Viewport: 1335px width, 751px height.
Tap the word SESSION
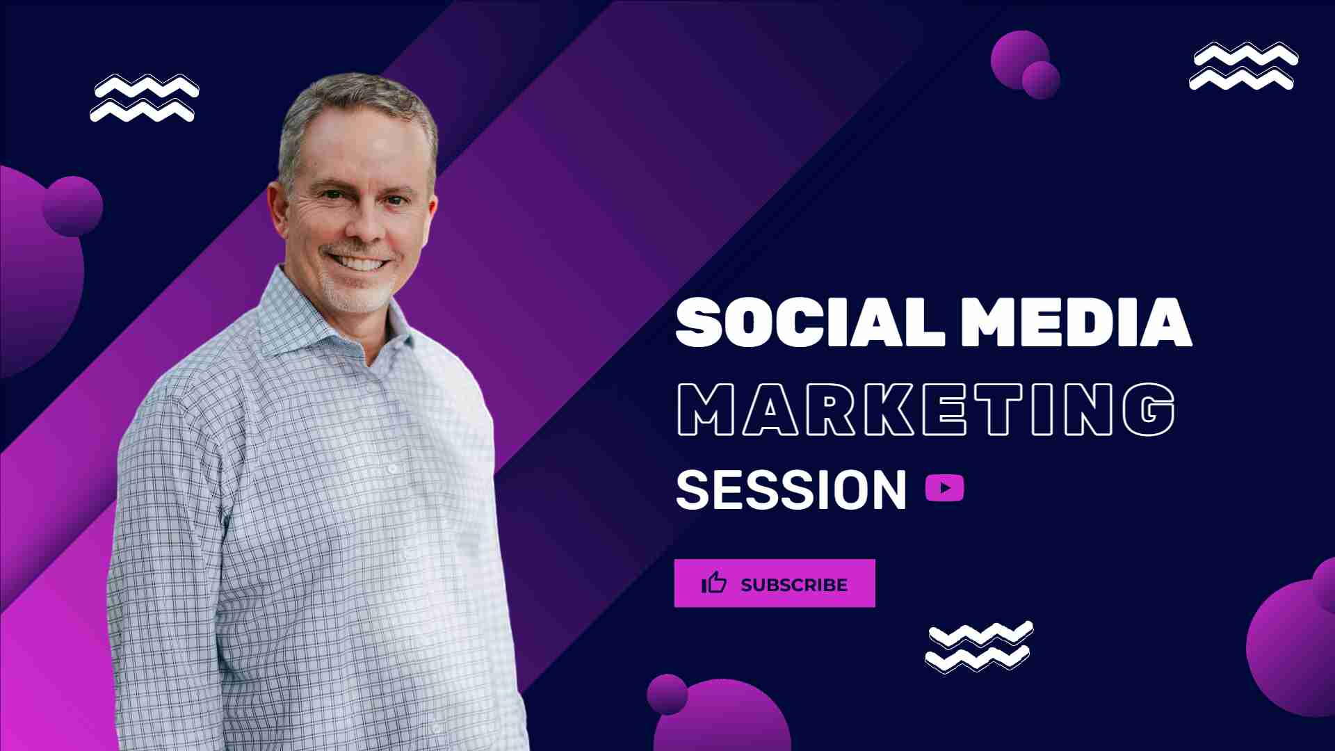click(x=791, y=490)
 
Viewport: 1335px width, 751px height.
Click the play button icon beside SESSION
click(x=944, y=488)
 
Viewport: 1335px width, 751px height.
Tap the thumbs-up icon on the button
click(x=714, y=583)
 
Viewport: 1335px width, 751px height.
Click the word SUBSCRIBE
click(x=794, y=585)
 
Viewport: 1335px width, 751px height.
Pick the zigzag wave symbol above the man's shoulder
click(x=145, y=97)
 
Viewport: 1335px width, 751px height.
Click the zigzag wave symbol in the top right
click(x=1243, y=66)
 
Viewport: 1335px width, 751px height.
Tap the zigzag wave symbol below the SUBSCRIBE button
click(x=979, y=647)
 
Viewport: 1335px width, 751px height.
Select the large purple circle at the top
click(x=1019, y=60)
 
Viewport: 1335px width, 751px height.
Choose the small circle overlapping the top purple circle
click(x=1041, y=80)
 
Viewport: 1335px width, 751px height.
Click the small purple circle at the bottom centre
click(x=667, y=694)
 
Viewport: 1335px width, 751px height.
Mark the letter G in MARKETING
click(x=1149, y=410)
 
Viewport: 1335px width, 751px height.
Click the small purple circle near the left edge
click(x=72, y=207)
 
